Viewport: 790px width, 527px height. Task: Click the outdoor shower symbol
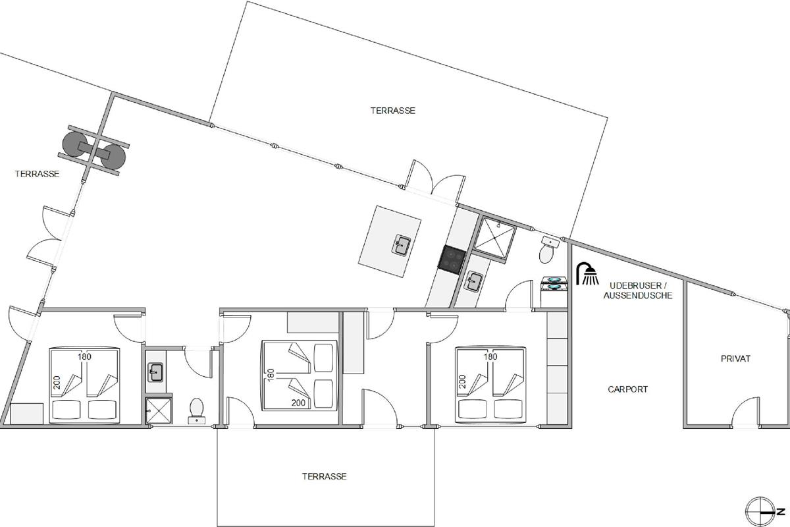coord(587,273)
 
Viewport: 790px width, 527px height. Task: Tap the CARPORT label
coord(628,389)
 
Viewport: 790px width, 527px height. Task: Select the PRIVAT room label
coord(735,358)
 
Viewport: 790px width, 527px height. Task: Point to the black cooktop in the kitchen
coord(452,260)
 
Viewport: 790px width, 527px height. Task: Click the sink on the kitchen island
coord(402,245)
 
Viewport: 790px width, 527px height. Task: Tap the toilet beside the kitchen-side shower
coord(546,254)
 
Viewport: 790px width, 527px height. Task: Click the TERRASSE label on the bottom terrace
coord(324,476)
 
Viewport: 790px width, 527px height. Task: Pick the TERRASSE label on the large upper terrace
coord(392,111)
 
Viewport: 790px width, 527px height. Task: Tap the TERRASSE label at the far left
coord(37,174)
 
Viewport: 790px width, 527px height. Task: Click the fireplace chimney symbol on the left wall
coord(93,150)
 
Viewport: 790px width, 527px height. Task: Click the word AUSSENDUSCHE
coord(638,295)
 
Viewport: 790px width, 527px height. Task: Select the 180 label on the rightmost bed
coord(490,357)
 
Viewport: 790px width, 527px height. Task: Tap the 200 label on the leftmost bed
coord(57,383)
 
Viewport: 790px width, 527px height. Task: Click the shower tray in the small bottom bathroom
coord(159,410)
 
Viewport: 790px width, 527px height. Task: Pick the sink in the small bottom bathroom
coord(155,372)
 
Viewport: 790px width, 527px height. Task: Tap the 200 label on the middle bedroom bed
coord(298,402)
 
